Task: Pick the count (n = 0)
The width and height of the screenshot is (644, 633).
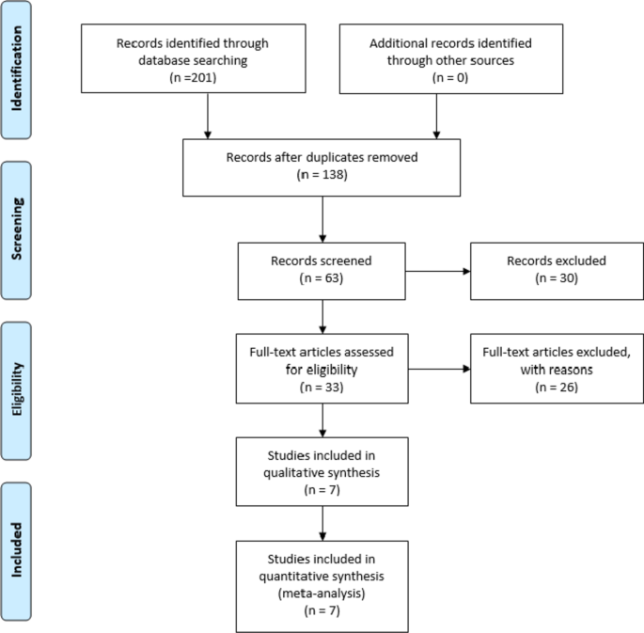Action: point(436,77)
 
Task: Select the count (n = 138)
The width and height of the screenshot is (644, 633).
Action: point(322,174)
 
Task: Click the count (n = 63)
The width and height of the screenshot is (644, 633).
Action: point(322,278)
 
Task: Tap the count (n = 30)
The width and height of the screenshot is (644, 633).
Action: point(551,278)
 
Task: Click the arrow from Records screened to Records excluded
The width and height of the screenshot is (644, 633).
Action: point(438,271)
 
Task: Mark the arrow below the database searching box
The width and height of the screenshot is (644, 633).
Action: point(207,118)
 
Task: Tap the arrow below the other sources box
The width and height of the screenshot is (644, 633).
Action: point(436,118)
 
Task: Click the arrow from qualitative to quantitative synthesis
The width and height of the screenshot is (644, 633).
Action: point(322,521)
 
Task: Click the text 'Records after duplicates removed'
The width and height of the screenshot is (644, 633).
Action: point(322,156)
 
